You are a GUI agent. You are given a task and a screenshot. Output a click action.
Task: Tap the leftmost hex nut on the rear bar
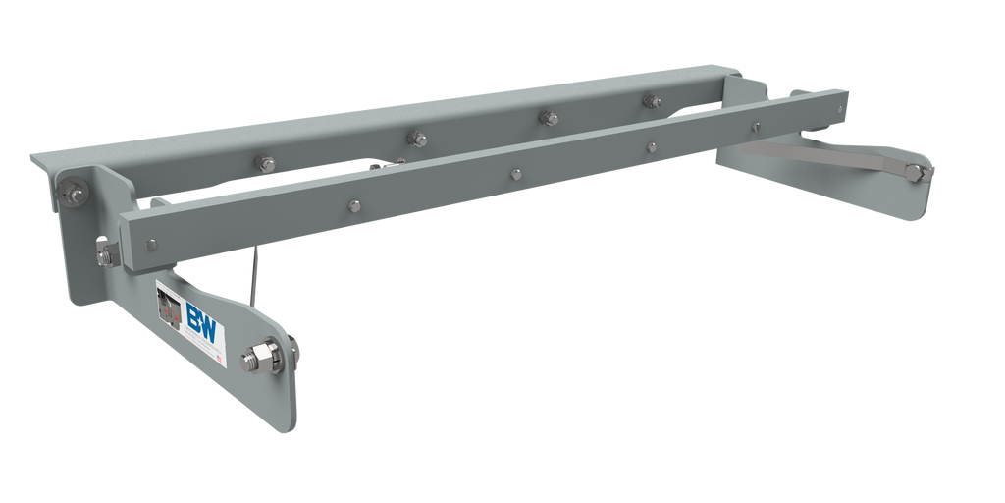pos(265,163)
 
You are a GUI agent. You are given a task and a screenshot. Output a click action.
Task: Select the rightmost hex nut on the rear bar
pos(650,100)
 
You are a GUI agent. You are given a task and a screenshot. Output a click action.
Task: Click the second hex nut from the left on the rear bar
pos(414,139)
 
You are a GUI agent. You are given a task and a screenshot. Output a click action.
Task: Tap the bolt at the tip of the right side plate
pos(915,172)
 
